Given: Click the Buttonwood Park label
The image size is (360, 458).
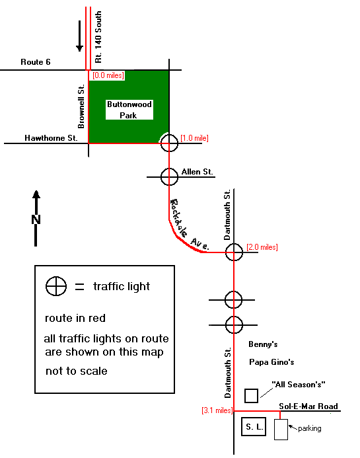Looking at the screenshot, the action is (x=129, y=110).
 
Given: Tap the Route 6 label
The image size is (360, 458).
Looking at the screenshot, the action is (x=36, y=62).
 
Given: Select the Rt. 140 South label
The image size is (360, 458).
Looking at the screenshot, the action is (x=98, y=37).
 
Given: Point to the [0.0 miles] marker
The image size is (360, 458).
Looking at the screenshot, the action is (x=108, y=75).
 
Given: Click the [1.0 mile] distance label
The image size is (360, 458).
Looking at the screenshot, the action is (x=194, y=138).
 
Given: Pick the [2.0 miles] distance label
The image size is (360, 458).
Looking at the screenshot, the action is (x=262, y=247).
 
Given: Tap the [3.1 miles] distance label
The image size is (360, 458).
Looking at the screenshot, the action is (x=217, y=410).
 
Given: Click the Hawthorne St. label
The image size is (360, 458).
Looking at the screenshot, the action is (x=51, y=138).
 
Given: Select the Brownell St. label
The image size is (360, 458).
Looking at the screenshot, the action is (x=81, y=106).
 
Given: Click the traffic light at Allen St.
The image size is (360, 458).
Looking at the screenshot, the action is (x=169, y=176).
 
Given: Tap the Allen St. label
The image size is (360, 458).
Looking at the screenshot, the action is (x=197, y=172).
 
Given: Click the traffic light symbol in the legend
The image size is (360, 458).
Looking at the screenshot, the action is (x=56, y=286).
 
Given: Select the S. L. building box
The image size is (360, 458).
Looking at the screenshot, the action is (x=254, y=427).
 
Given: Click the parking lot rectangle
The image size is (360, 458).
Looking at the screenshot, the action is (x=281, y=430).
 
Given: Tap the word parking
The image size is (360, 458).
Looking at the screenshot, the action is (x=310, y=428).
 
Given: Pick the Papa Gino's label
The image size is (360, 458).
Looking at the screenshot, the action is (x=271, y=362).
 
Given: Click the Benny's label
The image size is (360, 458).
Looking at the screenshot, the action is (x=263, y=344).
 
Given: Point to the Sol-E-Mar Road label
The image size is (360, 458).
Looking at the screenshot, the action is (x=308, y=406).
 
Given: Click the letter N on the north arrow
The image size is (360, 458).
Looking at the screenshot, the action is (x=36, y=219).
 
